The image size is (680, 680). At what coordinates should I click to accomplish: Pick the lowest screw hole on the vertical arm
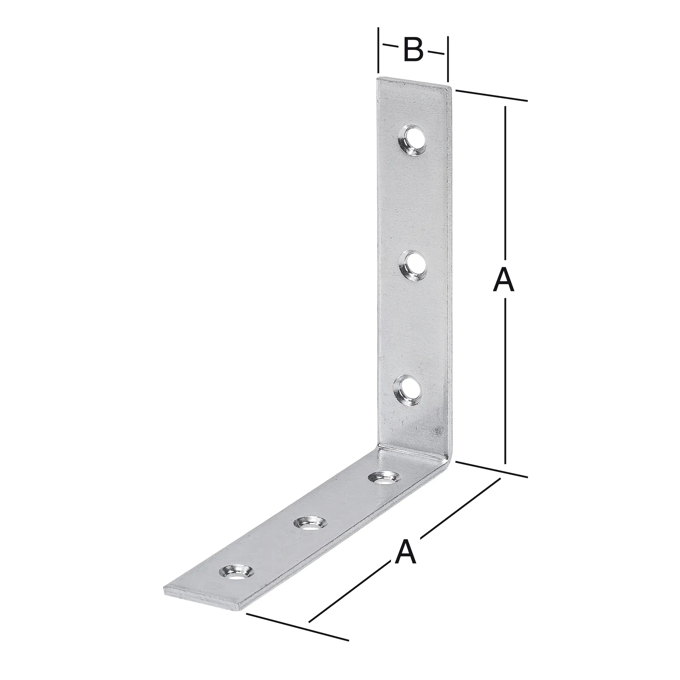(x=407, y=390)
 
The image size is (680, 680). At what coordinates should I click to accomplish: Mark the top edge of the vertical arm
(x=413, y=81)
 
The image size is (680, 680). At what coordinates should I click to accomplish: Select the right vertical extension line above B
(x=448, y=60)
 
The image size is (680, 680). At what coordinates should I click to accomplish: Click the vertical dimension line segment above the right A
(x=506, y=183)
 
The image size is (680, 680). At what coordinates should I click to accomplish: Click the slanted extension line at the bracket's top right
(x=491, y=96)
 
